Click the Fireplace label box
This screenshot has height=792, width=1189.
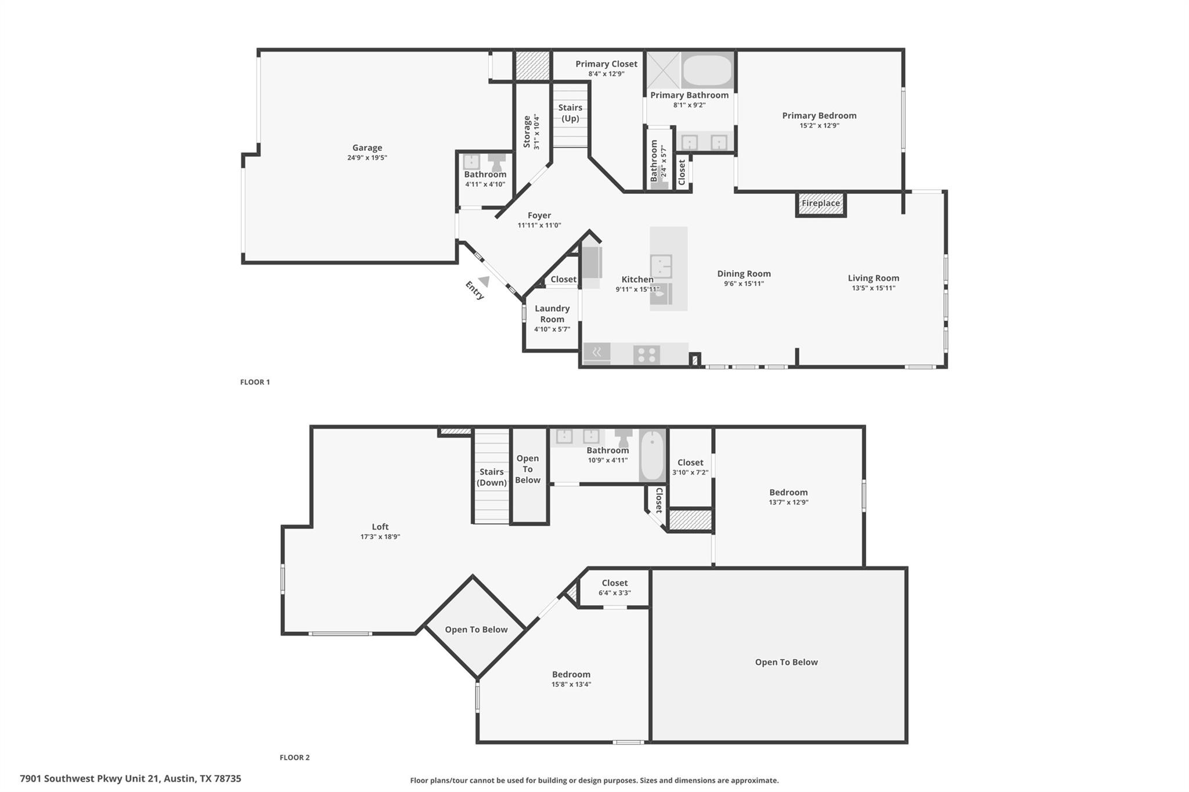(x=820, y=204)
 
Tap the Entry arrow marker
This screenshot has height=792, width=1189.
(x=484, y=281)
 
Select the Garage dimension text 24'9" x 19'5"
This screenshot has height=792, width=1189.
(x=367, y=158)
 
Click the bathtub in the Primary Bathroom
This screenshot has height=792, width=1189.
(x=707, y=71)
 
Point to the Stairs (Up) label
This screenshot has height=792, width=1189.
(x=570, y=113)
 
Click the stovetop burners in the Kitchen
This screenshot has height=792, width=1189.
(x=646, y=354)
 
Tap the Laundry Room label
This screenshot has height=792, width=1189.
(x=552, y=313)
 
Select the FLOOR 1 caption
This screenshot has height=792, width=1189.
(x=255, y=382)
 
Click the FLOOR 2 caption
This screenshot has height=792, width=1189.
(x=294, y=757)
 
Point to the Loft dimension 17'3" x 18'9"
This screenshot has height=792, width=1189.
(x=380, y=537)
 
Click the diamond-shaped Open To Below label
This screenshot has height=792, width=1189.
(x=476, y=630)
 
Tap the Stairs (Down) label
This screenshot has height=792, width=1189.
(x=492, y=477)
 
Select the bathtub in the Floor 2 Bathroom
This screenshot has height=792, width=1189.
(x=652, y=455)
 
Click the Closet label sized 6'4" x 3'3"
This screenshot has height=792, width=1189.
(x=614, y=583)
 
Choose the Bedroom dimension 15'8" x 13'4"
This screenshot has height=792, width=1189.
(x=571, y=684)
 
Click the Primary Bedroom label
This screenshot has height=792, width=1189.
(x=819, y=115)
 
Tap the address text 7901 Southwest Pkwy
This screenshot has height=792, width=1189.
(x=130, y=779)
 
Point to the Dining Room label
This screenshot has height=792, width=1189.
(x=744, y=274)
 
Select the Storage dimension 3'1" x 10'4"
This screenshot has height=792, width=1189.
(x=536, y=132)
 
